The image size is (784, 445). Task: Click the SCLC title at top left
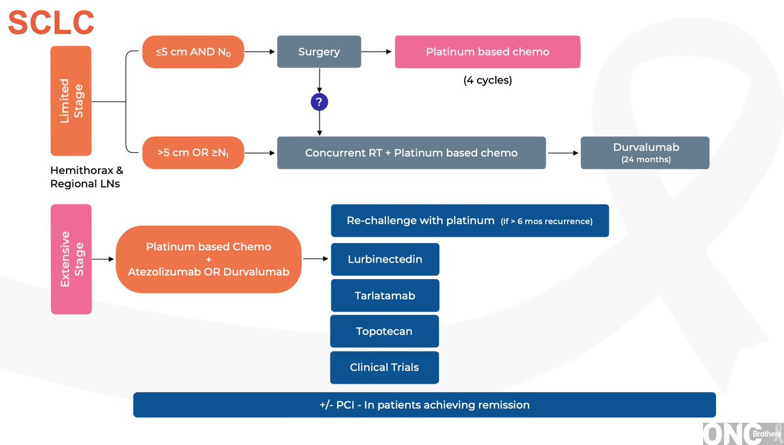tap(51, 22)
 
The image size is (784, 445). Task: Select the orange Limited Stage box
tap(71, 101)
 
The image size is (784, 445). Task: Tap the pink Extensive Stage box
tap(71, 259)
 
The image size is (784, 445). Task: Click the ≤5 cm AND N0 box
tap(193, 52)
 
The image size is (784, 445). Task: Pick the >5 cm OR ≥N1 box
tap(193, 153)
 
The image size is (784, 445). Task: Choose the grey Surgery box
tap(319, 52)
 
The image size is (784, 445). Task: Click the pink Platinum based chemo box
tap(487, 52)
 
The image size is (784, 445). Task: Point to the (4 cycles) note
tap(487, 81)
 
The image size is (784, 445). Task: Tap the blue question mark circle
tap(319, 102)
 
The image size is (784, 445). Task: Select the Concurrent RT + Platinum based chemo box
tap(411, 153)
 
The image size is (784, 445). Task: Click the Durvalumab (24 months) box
tap(645, 152)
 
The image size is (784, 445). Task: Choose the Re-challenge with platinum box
tap(470, 221)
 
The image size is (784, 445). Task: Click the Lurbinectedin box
tap(385, 259)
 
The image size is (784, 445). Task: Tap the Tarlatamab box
tap(385, 295)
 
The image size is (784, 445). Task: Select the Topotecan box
tap(384, 331)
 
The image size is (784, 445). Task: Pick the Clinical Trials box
tap(384, 367)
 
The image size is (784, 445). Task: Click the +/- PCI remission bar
tap(424, 404)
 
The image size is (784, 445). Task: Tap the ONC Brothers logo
tap(742, 433)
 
